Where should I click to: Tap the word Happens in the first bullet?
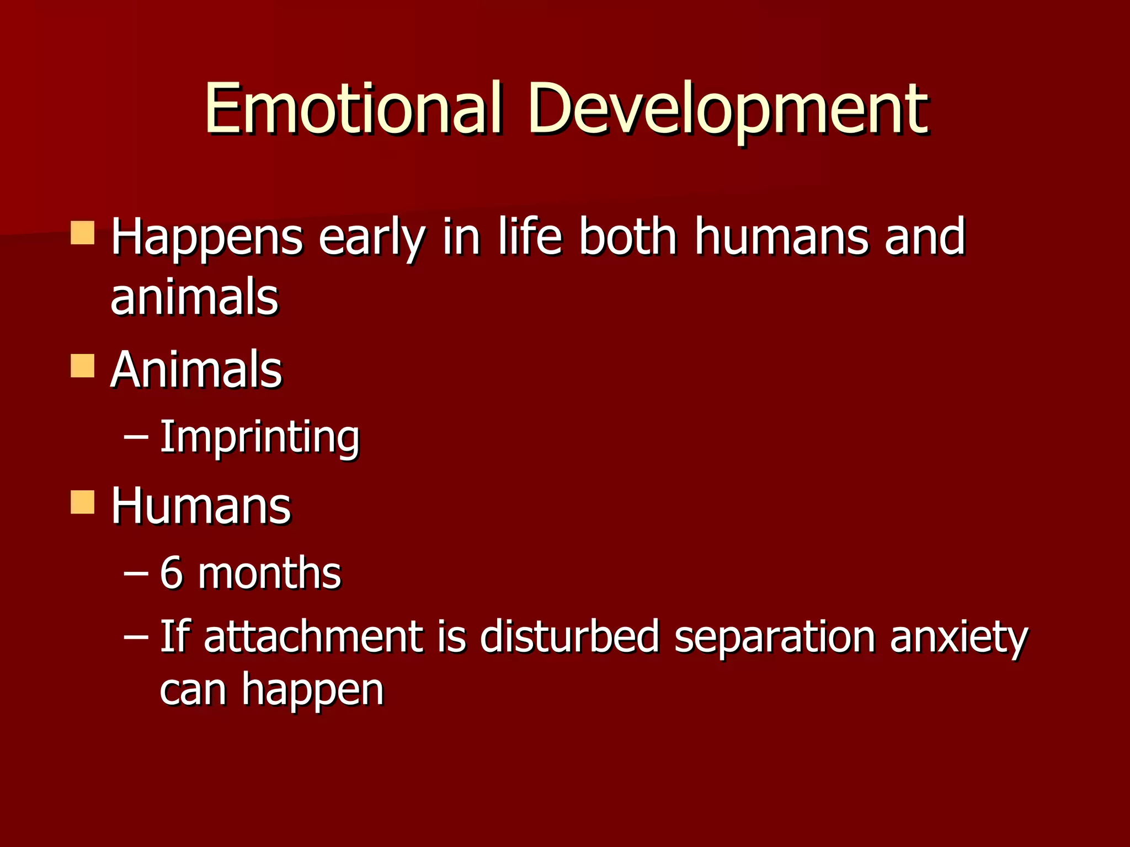pyautogui.click(x=206, y=238)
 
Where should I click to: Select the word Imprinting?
pyautogui.click(x=259, y=437)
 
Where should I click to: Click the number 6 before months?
pyautogui.click(x=171, y=573)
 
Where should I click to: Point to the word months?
pyautogui.click(x=269, y=573)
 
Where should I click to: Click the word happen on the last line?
pyautogui.click(x=312, y=690)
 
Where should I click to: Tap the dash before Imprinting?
pyautogui.click(x=136, y=437)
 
